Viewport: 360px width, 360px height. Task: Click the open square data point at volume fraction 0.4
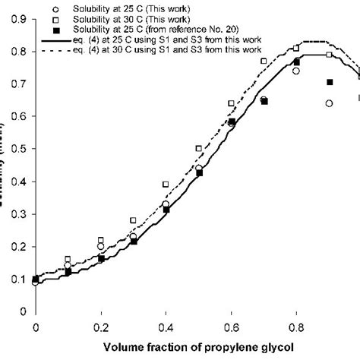click(x=166, y=185)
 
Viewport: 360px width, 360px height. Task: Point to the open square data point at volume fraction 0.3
click(x=133, y=220)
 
